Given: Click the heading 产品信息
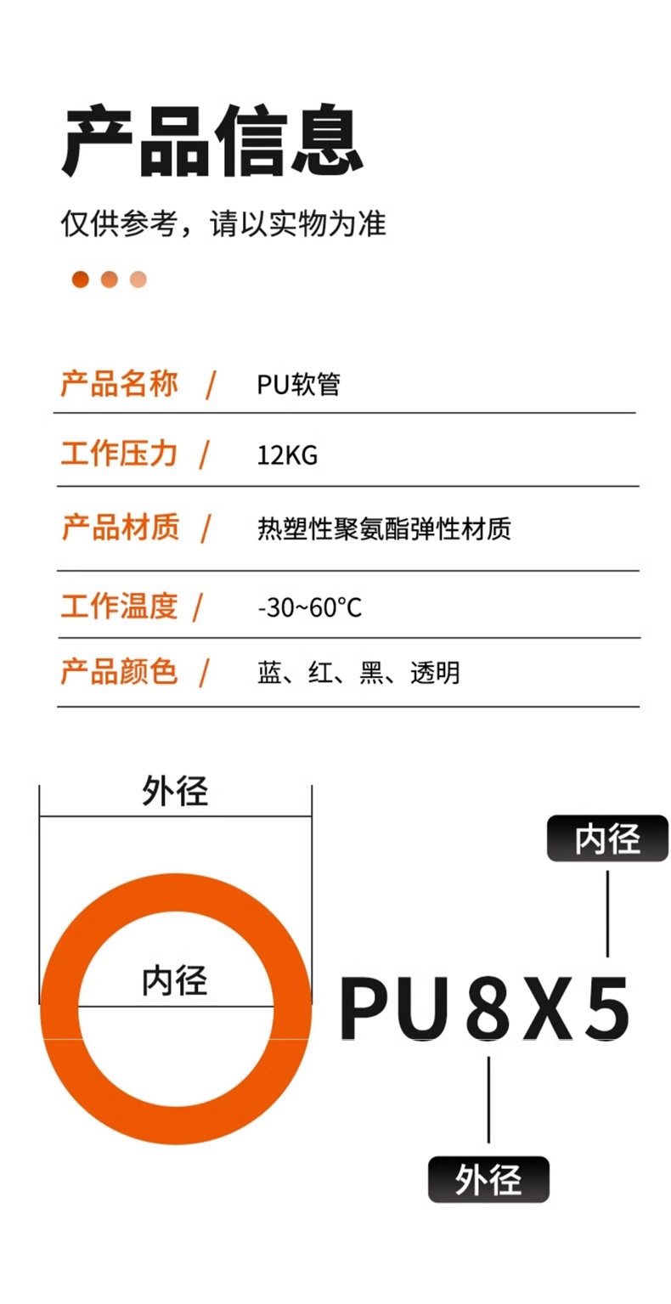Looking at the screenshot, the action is (213, 140).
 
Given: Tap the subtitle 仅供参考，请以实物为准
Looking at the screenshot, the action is (223, 224).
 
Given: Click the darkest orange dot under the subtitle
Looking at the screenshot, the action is (81, 279).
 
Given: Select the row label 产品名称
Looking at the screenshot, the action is (119, 384).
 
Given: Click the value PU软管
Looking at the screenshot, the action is (299, 385).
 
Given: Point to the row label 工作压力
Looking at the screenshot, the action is (119, 454).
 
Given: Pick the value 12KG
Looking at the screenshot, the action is (287, 456).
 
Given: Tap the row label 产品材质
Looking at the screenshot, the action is (120, 528).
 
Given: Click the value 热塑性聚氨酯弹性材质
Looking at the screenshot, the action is (384, 530).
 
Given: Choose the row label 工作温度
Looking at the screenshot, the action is (119, 607).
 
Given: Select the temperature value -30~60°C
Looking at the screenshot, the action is (309, 608).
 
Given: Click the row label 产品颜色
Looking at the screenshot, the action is (119, 671).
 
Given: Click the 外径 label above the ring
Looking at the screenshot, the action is (175, 792).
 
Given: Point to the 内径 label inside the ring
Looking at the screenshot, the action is (175, 980).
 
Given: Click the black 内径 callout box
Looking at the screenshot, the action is (607, 838).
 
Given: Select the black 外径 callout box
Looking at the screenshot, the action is (488, 1179).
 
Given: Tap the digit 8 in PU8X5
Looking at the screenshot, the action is (488, 1008).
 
